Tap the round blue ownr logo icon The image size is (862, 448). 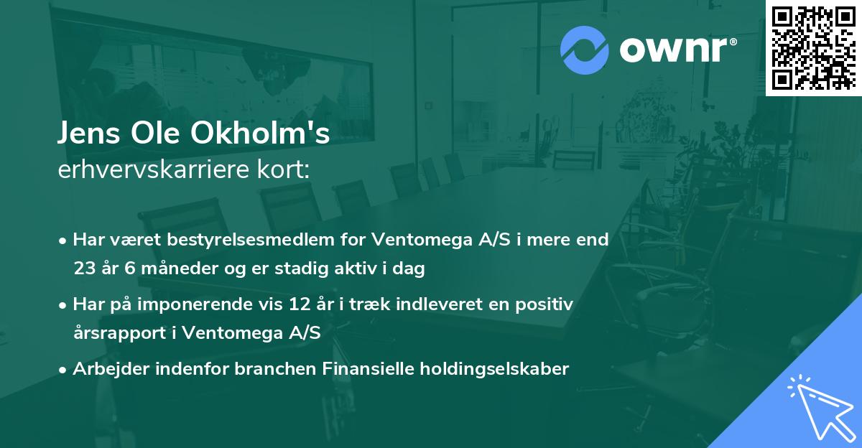pyautogui.click(x=584, y=50)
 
